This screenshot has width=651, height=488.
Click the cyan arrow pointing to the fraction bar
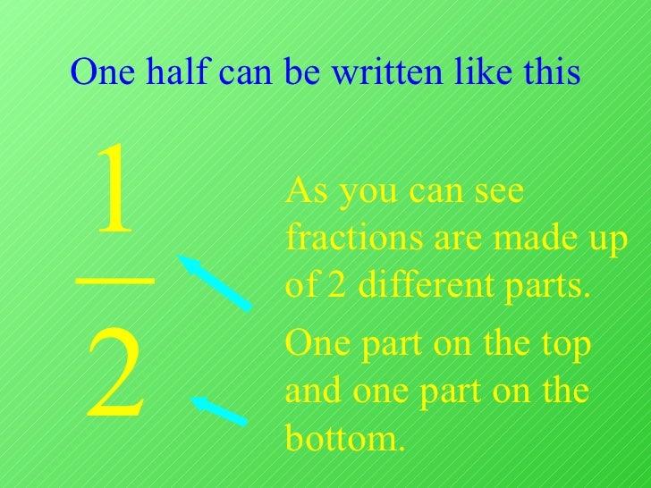pos(214,282)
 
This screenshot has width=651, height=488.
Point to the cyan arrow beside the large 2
pos(219,410)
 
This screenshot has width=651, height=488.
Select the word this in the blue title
pos(550,73)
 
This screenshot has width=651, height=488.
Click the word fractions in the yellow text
pos(342,241)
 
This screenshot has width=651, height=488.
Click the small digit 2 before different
pos(332,289)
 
